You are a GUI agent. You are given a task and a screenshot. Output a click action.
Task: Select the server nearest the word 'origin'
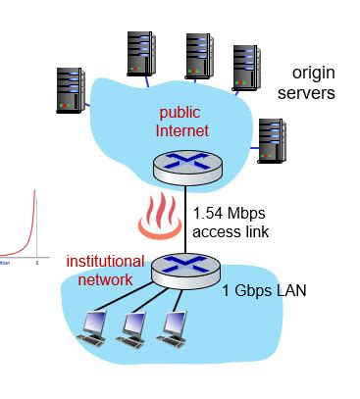(246, 68)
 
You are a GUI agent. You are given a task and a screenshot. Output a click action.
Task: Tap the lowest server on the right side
(270, 139)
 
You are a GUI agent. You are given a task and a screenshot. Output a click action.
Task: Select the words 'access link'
(231, 231)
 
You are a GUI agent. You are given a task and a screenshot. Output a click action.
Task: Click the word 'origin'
(313, 75)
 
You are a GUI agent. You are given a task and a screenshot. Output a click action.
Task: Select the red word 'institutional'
(105, 262)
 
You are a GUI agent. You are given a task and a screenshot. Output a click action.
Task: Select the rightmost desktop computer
(173, 327)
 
